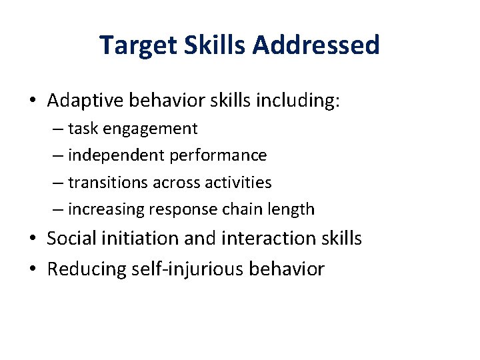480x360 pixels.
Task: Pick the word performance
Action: pos(219,155)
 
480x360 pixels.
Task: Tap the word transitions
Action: pos(108,182)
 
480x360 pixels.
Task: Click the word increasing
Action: pos(106,209)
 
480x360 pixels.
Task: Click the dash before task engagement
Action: pos(58,129)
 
